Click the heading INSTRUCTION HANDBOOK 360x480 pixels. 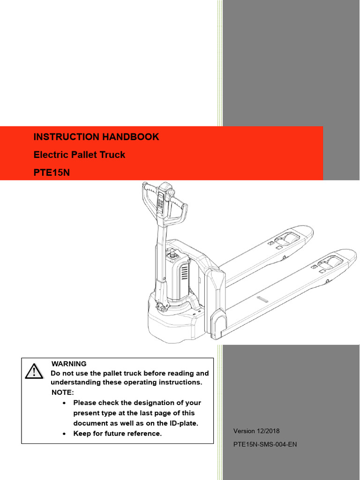(96, 137)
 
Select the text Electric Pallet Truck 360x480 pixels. (79, 155)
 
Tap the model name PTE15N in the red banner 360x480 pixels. (52, 172)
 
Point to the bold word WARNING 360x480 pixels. (69, 364)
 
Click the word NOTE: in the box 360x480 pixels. (62, 392)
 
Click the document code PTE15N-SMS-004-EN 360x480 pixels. (265, 444)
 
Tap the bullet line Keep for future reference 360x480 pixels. (117, 434)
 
